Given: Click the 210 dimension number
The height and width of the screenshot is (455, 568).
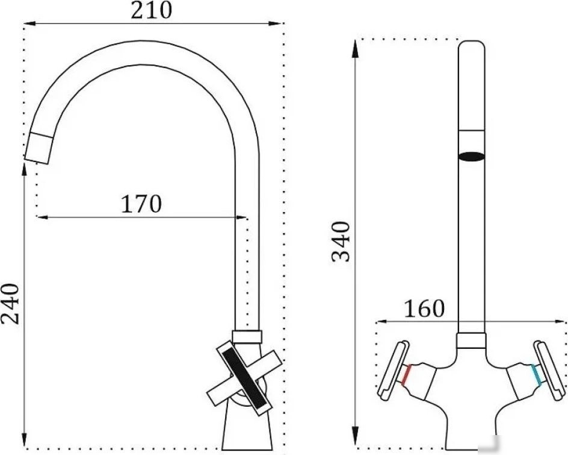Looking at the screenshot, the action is point(152,10).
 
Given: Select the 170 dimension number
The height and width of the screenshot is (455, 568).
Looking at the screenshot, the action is point(141,204).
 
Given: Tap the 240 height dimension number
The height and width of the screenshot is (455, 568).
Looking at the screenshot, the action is point(10,304).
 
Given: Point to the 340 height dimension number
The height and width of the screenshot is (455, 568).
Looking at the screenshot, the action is point(341,241).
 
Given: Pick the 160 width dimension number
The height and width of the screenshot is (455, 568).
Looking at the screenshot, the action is point(424,309).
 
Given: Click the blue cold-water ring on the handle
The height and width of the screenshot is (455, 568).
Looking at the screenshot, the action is point(536,375).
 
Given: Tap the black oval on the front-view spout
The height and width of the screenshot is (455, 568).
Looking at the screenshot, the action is point(471,156).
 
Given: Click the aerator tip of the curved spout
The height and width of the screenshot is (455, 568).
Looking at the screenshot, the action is point(39,148).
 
